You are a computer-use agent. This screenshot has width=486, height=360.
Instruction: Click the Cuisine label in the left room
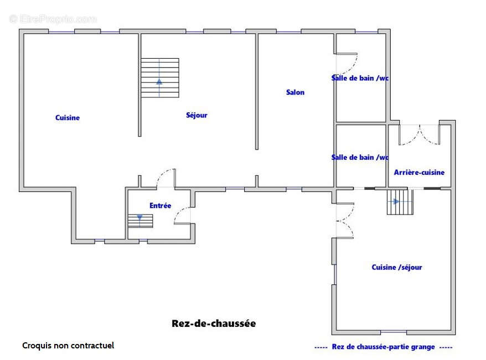click(x=68, y=118)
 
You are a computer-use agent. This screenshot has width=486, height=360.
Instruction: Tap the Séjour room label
click(x=197, y=115)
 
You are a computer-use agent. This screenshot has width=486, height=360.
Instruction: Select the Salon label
click(x=295, y=92)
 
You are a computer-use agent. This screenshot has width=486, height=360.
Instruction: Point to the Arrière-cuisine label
click(x=419, y=173)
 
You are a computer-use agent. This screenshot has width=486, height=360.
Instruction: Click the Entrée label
click(x=160, y=206)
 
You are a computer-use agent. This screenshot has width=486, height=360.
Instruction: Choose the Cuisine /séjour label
click(x=396, y=268)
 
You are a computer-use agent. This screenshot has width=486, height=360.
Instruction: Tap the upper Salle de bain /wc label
click(x=360, y=79)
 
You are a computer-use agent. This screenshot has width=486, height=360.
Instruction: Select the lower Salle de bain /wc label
click(x=360, y=158)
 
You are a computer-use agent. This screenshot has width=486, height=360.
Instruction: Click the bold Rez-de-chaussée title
click(x=214, y=324)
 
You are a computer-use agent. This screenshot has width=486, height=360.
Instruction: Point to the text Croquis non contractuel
click(x=68, y=346)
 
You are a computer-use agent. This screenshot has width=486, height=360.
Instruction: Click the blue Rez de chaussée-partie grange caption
click(x=383, y=347)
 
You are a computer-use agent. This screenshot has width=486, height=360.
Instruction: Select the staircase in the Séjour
click(x=159, y=77)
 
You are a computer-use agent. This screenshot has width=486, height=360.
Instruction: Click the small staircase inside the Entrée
click(x=140, y=220)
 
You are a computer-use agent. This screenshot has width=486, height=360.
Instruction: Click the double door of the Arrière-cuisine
click(x=419, y=135)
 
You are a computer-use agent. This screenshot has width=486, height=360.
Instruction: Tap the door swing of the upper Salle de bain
click(x=347, y=63)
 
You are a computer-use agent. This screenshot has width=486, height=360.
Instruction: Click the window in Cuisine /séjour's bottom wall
click(x=394, y=332)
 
